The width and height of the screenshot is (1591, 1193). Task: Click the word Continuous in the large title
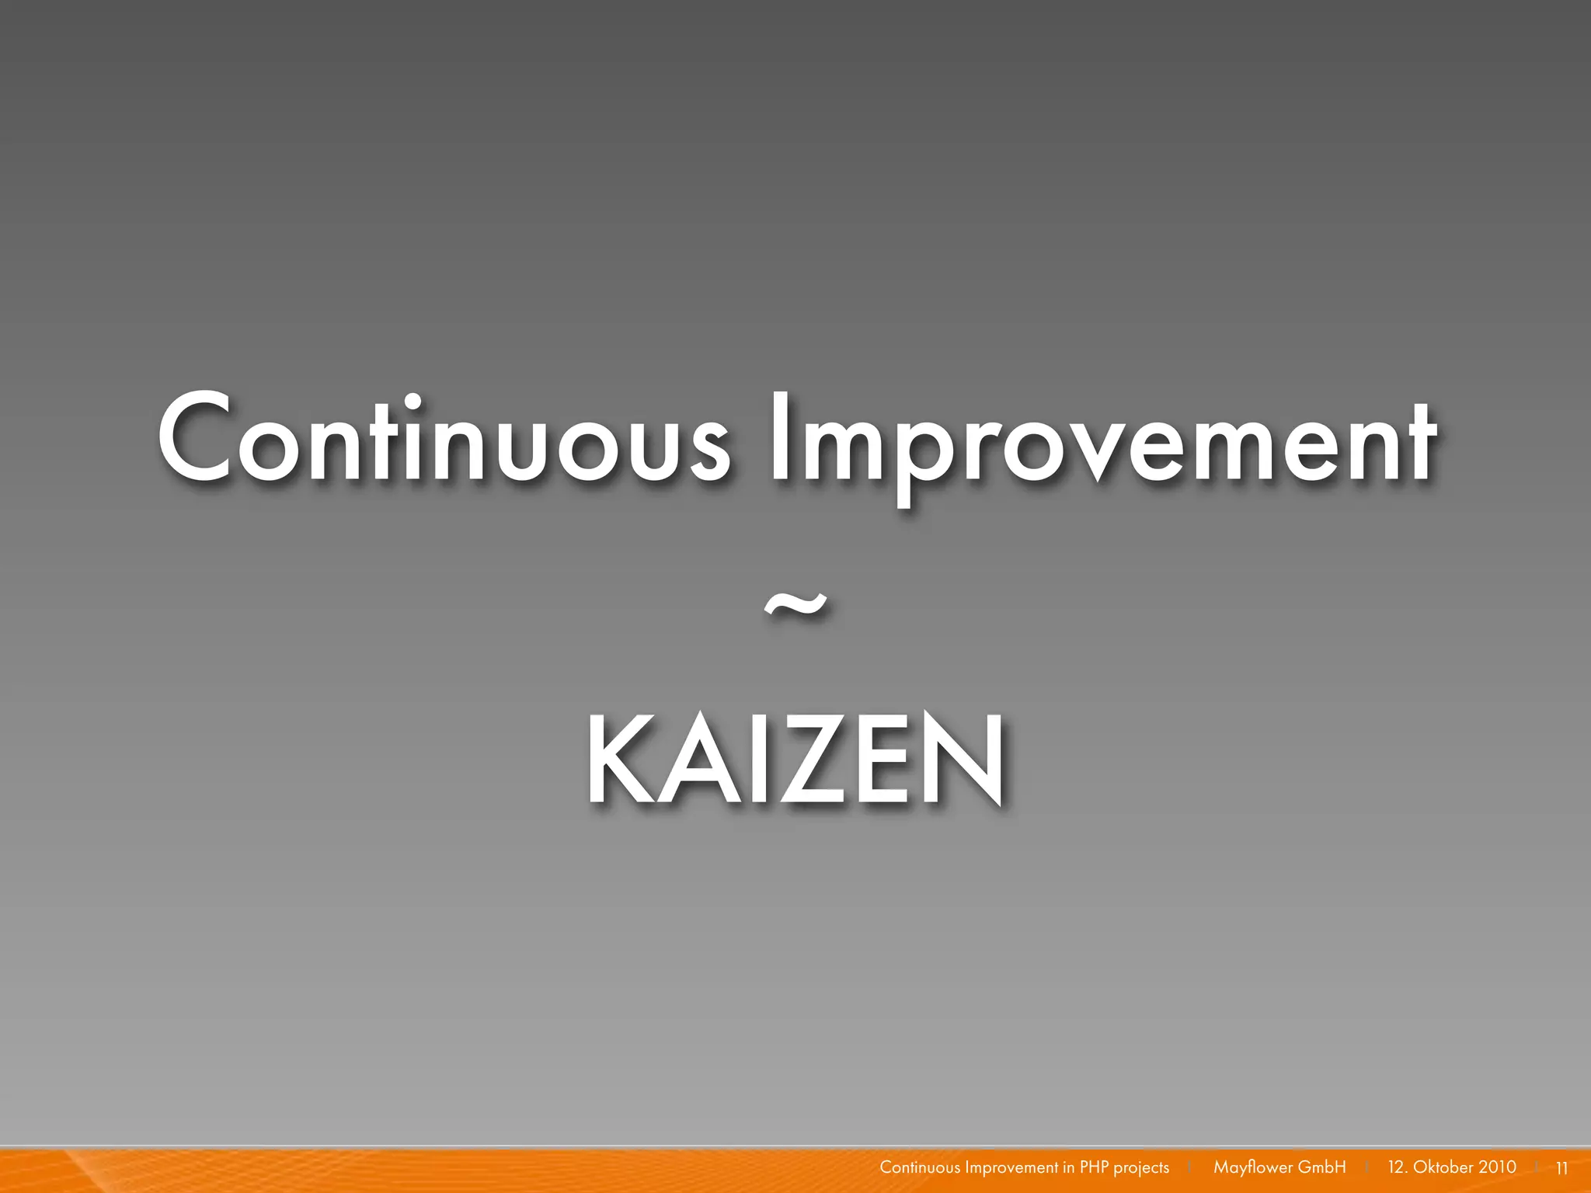click(x=443, y=440)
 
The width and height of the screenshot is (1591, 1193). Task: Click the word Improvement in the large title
click(x=1103, y=443)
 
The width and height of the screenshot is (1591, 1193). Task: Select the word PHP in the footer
click(x=1095, y=1167)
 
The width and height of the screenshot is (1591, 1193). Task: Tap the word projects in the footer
click(x=1141, y=1168)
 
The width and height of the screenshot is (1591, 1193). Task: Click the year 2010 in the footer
click(x=1497, y=1167)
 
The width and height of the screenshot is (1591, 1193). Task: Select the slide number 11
click(x=1561, y=1168)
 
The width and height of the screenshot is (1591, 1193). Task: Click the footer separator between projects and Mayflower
click(x=1189, y=1167)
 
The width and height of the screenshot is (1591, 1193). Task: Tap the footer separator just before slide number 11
click(x=1537, y=1167)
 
